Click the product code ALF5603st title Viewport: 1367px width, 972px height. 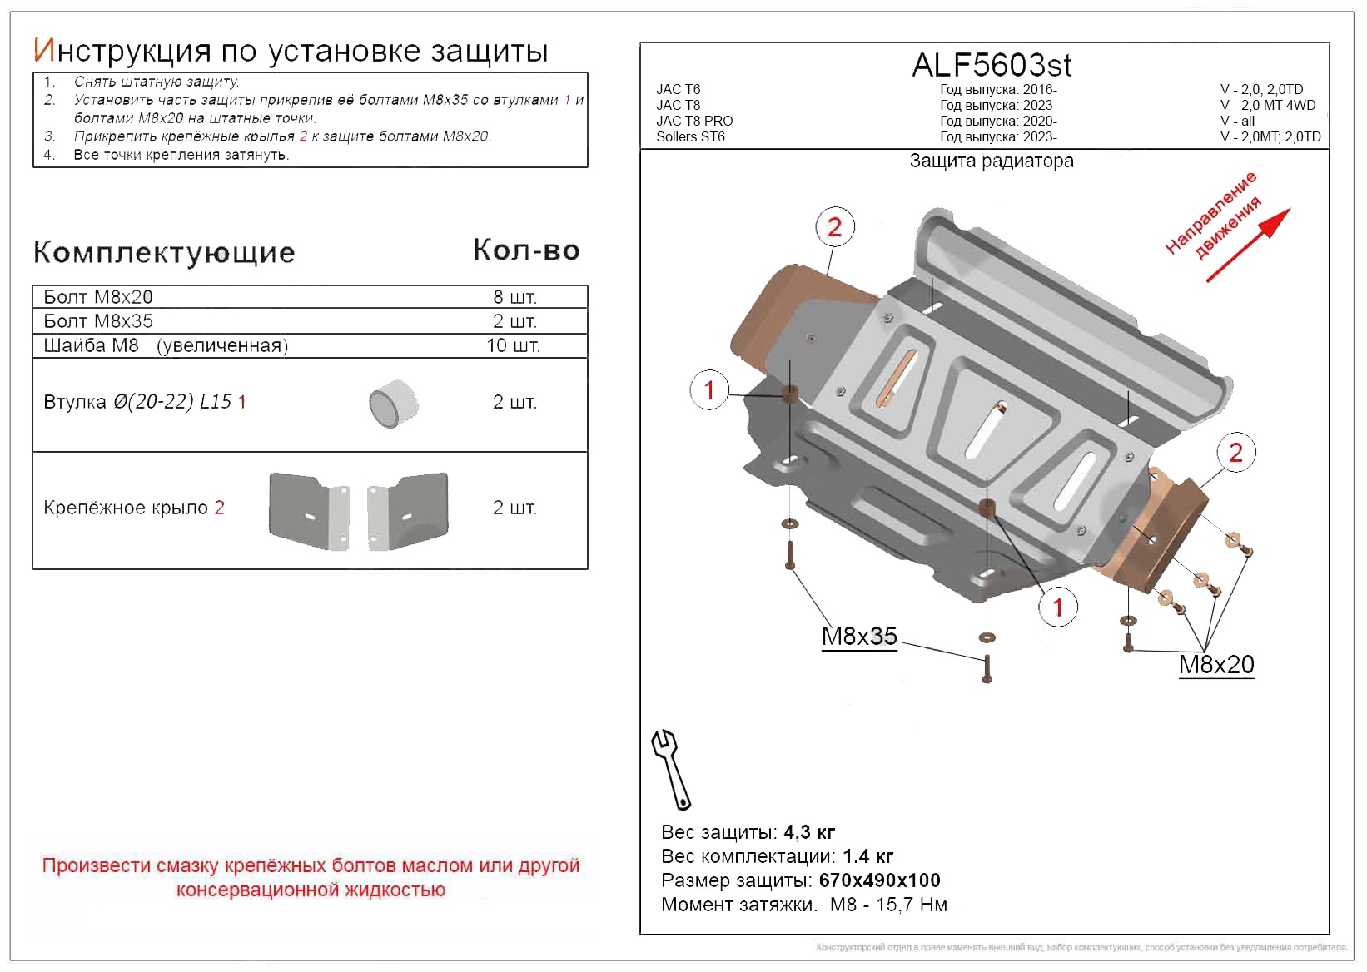(992, 65)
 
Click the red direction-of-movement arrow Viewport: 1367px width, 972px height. (1247, 245)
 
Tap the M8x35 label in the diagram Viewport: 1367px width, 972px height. (859, 637)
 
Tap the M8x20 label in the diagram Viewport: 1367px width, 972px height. (1215, 665)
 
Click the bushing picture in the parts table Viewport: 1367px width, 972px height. (393, 404)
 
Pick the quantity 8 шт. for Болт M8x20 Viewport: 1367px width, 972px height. (514, 297)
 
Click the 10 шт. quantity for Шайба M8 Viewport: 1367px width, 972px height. (513, 345)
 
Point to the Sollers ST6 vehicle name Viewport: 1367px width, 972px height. (690, 137)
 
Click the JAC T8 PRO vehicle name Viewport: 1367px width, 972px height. (694, 121)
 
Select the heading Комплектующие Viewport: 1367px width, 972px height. (164, 252)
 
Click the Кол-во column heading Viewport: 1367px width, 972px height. (526, 250)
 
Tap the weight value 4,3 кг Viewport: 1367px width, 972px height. (809, 832)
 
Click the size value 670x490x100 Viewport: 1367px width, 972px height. (879, 880)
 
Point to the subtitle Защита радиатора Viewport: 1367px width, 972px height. (991, 161)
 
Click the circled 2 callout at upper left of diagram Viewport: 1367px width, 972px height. (834, 227)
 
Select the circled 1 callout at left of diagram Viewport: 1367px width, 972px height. (709, 389)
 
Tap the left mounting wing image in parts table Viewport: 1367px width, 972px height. (308, 510)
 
